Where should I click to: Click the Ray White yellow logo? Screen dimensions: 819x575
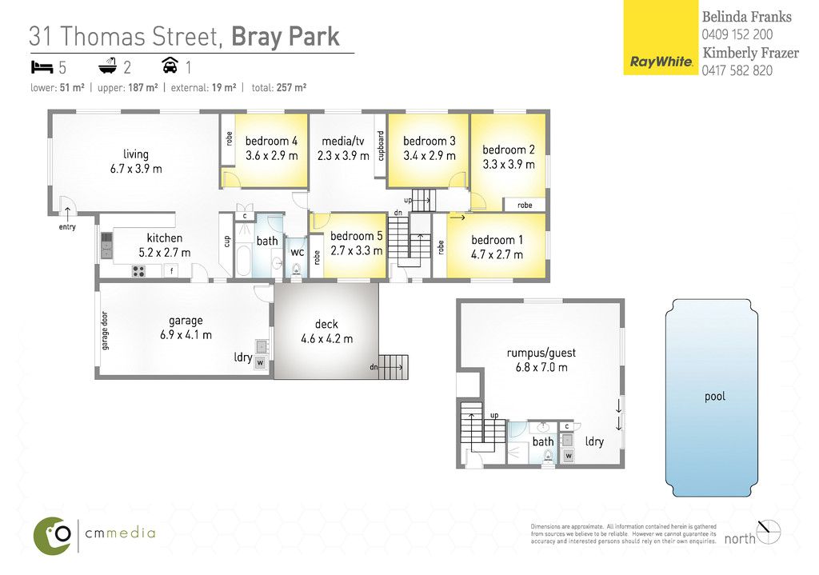(661, 38)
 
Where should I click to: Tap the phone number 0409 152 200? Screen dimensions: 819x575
(737, 34)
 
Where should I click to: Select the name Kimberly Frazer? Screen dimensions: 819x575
(750, 53)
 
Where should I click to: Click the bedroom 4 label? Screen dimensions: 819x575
(272, 141)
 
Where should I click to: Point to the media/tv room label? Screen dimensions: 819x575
(342, 141)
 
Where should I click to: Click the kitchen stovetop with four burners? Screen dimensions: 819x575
(138, 271)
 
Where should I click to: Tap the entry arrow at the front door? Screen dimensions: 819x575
(67, 211)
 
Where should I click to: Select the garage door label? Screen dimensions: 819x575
(105, 330)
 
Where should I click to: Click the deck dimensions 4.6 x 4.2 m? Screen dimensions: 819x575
(327, 339)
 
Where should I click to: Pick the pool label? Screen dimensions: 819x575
(715, 397)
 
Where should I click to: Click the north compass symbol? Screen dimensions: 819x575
(769, 532)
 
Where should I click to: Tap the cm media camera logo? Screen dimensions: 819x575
(52, 536)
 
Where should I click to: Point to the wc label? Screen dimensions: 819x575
(298, 252)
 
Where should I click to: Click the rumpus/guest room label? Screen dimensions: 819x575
(541, 353)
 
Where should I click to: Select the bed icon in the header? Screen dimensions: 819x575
(42, 67)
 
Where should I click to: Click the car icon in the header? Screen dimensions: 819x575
(170, 66)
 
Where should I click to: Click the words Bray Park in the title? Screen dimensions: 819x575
(286, 37)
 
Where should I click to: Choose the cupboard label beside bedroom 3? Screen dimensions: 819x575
(381, 146)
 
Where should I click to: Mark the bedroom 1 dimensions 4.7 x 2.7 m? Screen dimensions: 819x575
(497, 255)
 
